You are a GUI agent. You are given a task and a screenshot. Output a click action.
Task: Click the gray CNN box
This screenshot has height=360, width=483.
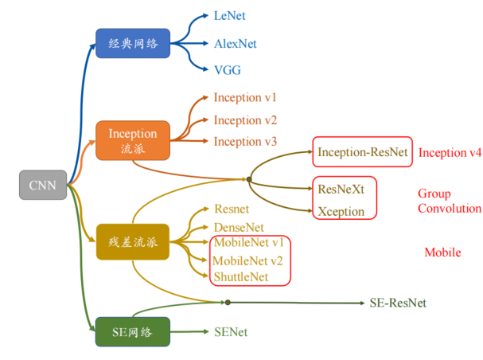point(42,185)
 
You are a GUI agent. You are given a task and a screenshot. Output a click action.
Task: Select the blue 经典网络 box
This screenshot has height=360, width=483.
point(133,43)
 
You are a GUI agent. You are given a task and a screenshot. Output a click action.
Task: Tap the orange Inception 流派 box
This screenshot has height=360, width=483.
point(133,141)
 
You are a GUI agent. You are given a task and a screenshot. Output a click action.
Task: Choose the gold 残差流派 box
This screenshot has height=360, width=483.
point(133,241)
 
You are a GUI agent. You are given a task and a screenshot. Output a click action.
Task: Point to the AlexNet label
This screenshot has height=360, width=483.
point(236,43)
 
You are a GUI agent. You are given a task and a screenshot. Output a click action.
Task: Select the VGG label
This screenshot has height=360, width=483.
point(228,70)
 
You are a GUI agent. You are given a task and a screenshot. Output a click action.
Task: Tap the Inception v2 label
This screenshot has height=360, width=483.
point(245,120)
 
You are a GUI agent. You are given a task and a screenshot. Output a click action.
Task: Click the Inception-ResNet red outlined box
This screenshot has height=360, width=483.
point(362,152)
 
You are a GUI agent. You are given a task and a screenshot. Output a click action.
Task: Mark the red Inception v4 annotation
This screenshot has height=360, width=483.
point(450,152)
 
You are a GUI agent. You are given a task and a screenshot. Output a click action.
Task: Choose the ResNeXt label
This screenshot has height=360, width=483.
point(341,190)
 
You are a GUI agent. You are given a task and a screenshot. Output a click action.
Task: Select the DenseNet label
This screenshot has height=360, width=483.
point(239,227)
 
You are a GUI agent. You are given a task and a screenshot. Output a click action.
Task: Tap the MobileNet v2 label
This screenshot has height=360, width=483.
point(248,260)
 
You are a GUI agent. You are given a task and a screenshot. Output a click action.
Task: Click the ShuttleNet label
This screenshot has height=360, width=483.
point(241,276)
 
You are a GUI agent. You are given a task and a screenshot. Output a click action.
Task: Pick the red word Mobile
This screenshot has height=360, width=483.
point(442,252)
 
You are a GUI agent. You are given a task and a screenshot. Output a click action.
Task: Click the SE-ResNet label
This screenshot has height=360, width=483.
point(398,303)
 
